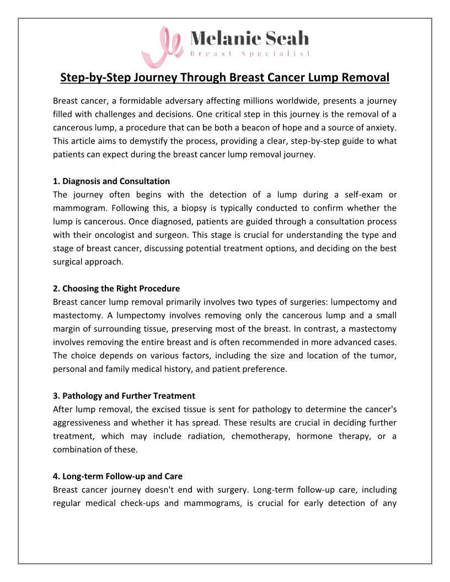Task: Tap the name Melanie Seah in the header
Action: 249,38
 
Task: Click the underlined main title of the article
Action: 225,77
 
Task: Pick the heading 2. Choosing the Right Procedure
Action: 116,289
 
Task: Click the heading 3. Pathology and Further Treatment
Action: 124,396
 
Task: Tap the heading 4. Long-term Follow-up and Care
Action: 118,476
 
